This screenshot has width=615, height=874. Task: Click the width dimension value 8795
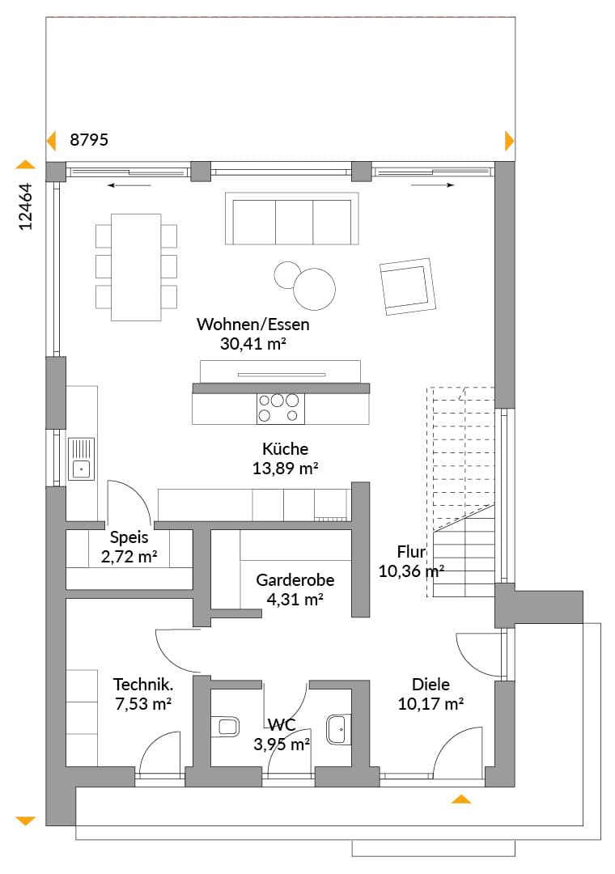point(89,140)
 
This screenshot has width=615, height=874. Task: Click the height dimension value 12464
point(26,207)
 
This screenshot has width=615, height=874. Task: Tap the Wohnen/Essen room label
point(252,325)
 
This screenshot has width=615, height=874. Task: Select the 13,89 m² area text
point(285,469)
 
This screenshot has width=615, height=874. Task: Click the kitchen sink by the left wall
point(82,459)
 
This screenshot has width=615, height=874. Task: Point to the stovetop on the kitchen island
point(281,408)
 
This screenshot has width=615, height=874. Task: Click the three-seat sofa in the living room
point(291,218)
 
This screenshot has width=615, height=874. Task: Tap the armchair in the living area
point(408,286)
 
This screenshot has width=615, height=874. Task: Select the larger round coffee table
point(315,289)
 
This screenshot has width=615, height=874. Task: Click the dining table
point(136,267)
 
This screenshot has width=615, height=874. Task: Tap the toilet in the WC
point(225,726)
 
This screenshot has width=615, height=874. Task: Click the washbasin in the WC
point(338,729)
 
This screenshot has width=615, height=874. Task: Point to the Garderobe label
point(295,580)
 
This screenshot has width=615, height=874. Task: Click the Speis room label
point(129,538)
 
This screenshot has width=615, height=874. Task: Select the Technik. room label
point(142,685)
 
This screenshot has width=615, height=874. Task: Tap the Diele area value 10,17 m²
point(430,704)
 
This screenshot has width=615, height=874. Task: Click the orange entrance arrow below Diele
point(461,800)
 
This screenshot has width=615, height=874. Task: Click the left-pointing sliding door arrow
point(129,185)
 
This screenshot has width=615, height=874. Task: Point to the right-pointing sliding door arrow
point(433,185)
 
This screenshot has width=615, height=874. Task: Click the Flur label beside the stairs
point(412,552)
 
